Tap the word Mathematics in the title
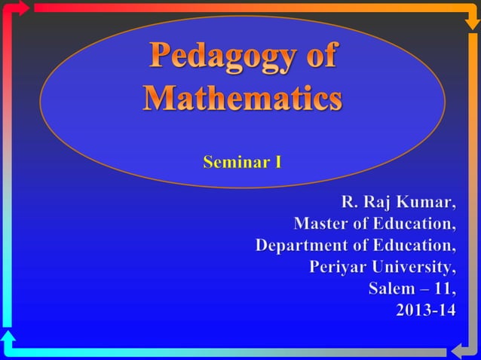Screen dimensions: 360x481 (x=243, y=99)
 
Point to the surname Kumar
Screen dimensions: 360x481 (x=427, y=203)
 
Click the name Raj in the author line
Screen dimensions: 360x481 (x=379, y=203)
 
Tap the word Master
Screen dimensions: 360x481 (x=320, y=224)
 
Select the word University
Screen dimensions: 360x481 (x=412, y=267)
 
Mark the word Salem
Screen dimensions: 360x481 (x=391, y=289)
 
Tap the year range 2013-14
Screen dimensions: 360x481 (x=426, y=310)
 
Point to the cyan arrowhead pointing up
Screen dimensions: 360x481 (x=8, y=336)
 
